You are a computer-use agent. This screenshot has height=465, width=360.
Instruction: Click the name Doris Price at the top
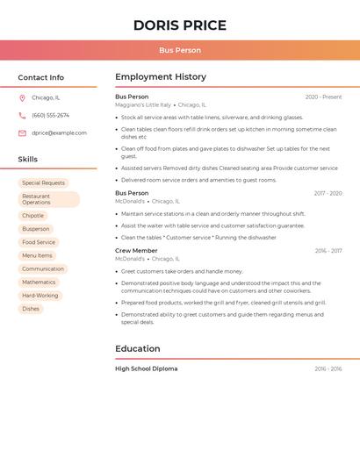coord(179,25)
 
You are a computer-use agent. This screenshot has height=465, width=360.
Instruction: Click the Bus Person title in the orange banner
coord(179,51)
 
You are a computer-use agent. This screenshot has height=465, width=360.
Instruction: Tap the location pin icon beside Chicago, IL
coord(22,98)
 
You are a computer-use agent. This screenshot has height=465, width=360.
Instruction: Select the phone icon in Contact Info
coord(22,116)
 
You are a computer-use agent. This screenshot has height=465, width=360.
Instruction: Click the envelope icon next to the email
coord(22,133)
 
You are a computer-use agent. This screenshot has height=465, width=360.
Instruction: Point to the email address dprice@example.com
coord(59,133)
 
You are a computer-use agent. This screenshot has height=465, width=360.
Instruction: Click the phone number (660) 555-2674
coord(50,116)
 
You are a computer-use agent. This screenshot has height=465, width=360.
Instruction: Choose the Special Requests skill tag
coord(44,183)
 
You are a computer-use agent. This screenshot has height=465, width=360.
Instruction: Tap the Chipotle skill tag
coord(32,216)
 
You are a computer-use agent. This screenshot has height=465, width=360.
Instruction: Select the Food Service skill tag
coord(39,242)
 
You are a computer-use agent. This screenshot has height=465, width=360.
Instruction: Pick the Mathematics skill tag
coord(39,283)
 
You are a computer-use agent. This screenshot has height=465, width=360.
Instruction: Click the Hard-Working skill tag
coord(40,296)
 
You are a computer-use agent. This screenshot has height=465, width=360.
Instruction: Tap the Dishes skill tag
coord(31,309)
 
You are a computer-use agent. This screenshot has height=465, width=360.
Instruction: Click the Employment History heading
coord(161,77)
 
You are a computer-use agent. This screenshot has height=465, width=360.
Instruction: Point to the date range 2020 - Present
coord(323,97)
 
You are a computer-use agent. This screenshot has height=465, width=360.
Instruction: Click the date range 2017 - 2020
coord(328,193)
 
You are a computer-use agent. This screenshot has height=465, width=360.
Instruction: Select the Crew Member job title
coord(136,251)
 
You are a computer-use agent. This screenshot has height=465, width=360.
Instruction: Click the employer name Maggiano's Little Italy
coord(143,105)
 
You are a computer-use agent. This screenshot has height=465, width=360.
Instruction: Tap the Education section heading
coord(138,349)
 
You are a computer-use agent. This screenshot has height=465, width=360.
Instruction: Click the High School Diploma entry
coord(146,369)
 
